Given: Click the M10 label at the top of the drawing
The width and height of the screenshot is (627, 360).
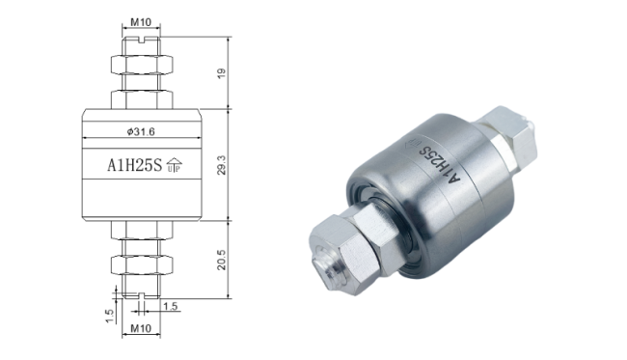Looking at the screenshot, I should pyautogui.click(x=141, y=21).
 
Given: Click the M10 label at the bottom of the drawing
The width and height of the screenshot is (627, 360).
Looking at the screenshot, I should pyautogui.click(x=141, y=331).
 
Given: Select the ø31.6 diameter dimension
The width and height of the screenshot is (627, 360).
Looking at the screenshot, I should pyautogui.click(x=141, y=132).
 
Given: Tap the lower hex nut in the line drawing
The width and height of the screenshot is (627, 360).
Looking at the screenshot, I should pyautogui.click(x=141, y=263).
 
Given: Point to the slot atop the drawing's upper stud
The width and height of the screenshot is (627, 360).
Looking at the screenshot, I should pyautogui.click(x=141, y=42).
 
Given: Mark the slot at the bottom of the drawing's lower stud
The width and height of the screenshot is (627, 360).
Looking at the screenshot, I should pyautogui.click(x=141, y=293).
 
